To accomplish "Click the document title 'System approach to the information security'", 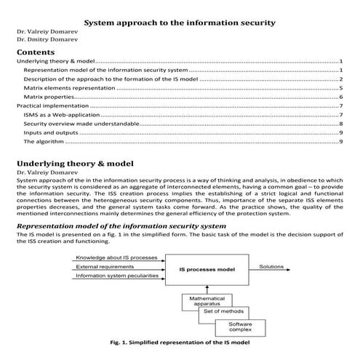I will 180,23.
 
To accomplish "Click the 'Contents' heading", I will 35,53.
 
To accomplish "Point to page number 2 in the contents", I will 340,78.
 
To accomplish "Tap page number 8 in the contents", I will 340,124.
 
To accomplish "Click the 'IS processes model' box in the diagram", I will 211,268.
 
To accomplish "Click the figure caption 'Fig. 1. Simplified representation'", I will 180,343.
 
